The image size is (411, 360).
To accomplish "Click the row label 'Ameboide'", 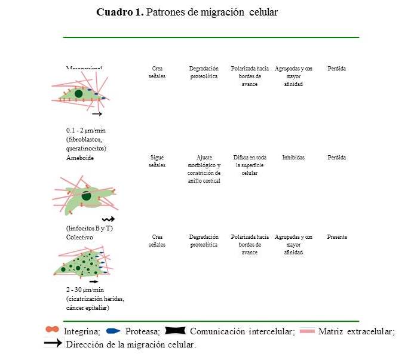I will [x=80, y=158].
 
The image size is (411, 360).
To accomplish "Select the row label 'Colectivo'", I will [x=80, y=237].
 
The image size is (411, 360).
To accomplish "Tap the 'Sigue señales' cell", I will [x=157, y=161].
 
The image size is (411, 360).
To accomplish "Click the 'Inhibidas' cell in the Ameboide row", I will [x=293, y=158].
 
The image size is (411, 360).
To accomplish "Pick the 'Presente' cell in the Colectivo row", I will [x=337, y=237].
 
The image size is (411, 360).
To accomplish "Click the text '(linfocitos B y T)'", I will [x=89, y=227].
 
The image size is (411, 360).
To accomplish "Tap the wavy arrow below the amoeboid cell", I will [x=108, y=219].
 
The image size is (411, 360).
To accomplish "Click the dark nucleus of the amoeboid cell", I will [x=87, y=195].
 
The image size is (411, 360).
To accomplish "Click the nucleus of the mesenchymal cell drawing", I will [x=78, y=93].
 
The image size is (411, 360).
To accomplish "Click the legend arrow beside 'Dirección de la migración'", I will [x=54, y=343].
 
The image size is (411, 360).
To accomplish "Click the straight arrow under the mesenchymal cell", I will [x=97, y=113].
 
